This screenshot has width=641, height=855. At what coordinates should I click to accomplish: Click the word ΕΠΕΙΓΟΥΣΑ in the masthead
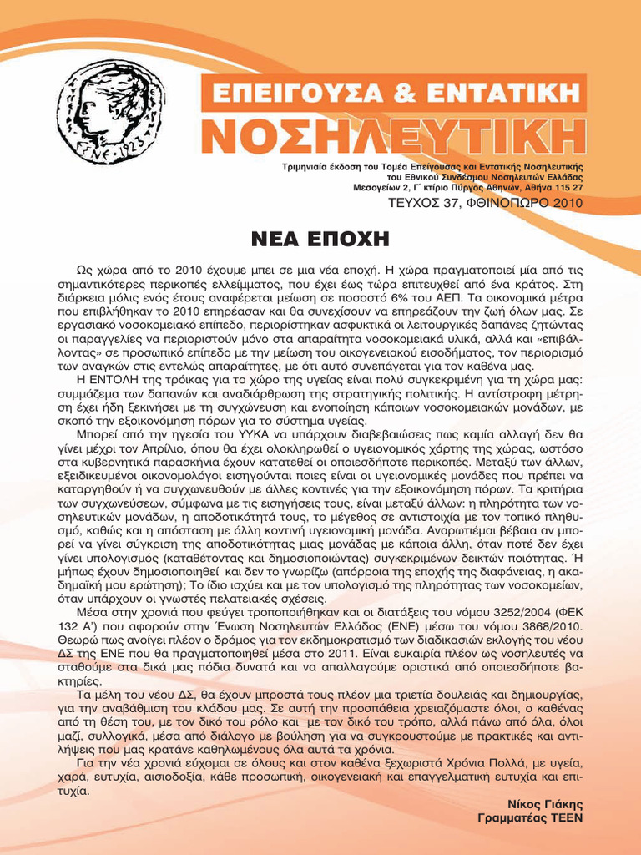point(285,91)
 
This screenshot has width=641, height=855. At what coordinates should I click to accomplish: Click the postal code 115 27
point(567,187)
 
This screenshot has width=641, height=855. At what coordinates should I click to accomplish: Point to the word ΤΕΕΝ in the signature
point(565,818)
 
